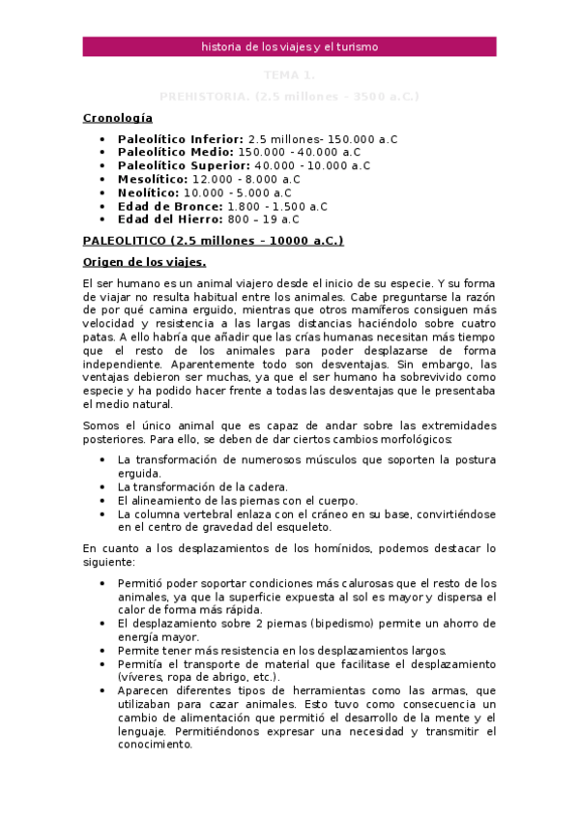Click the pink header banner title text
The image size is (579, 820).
click(x=289, y=46)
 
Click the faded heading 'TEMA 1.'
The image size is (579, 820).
click(x=289, y=74)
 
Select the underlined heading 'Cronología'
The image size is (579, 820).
click(x=118, y=117)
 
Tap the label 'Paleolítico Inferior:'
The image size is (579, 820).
click(x=180, y=139)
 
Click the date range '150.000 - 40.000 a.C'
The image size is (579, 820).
click(x=299, y=153)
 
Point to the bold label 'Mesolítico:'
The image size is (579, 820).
click(x=153, y=179)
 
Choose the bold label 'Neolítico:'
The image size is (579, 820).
click(x=150, y=192)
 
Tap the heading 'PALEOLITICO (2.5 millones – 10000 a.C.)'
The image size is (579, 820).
click(x=213, y=241)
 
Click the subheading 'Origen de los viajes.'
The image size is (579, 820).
click(x=144, y=262)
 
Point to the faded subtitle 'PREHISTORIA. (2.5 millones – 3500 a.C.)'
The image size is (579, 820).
click(x=289, y=97)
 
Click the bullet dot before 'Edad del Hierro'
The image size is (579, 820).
click(x=103, y=220)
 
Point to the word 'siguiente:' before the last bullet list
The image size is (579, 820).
click(x=108, y=562)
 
